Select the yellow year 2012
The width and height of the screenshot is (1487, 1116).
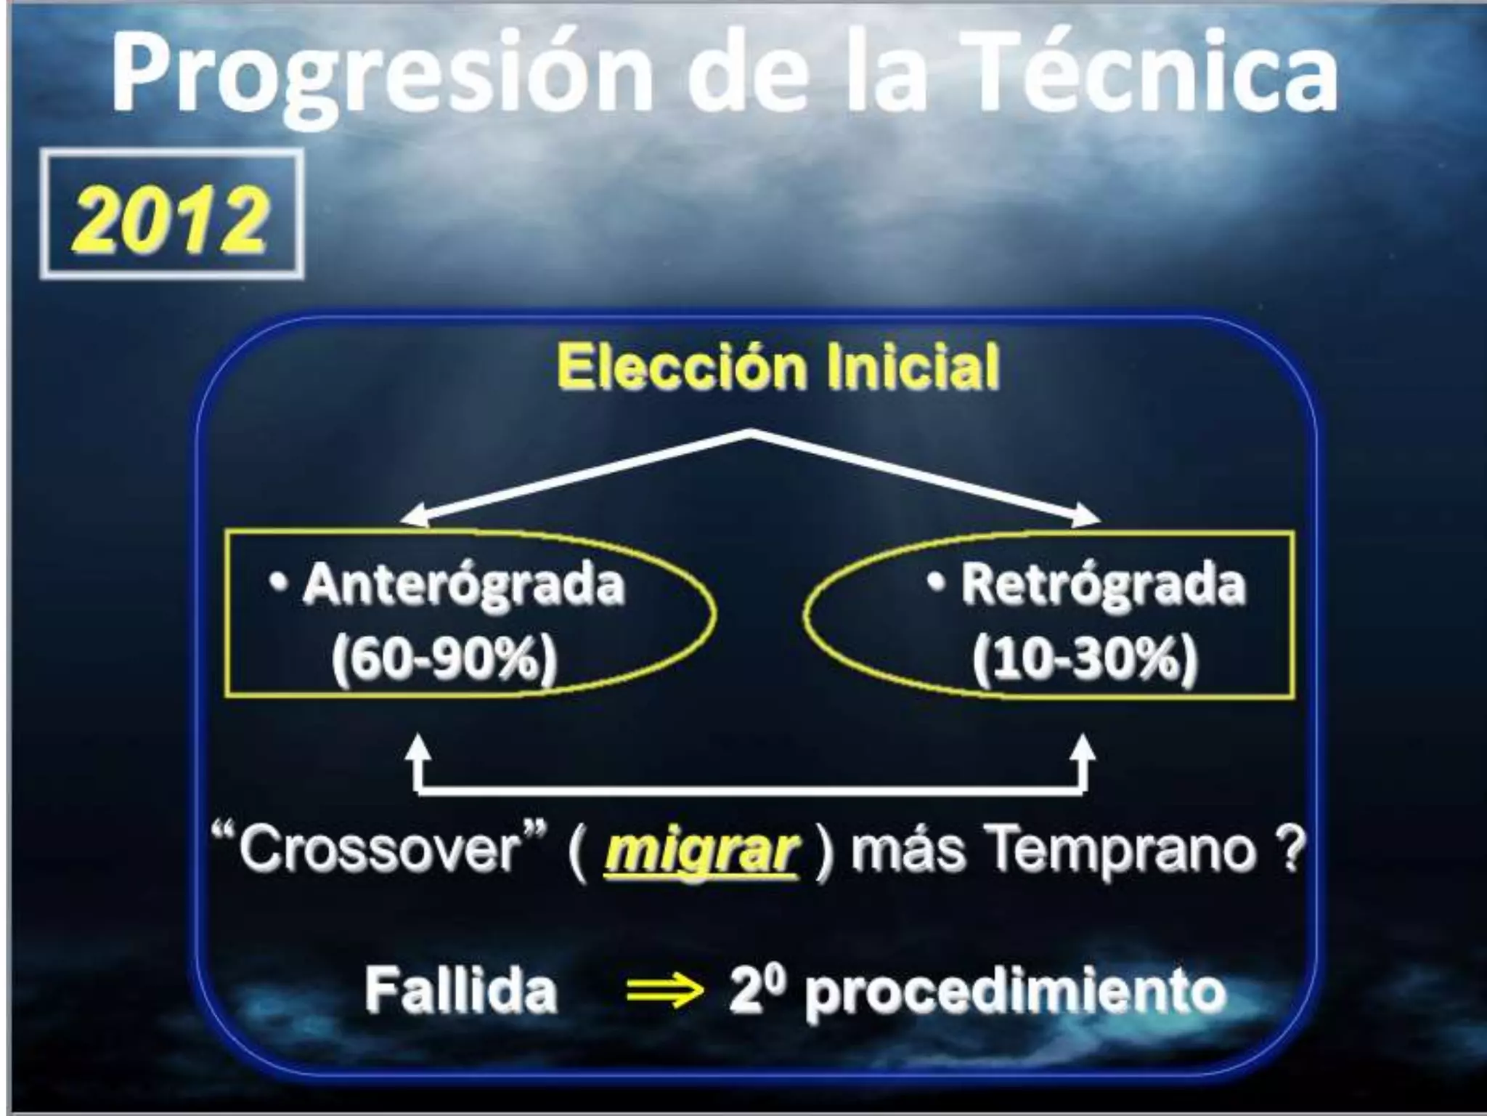click(x=171, y=216)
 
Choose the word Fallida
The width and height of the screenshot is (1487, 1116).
click(x=460, y=990)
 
